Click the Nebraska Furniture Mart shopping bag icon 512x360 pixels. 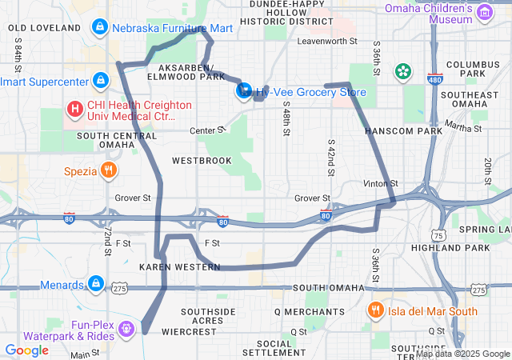point(99,28)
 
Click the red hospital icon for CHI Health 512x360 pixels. point(74,107)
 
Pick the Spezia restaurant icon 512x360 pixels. point(108,170)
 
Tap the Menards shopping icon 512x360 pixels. point(95,283)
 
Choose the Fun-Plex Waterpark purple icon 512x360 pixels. point(126,327)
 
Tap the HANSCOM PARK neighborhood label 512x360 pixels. point(403,130)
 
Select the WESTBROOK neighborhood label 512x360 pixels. point(202,161)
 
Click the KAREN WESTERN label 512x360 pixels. point(179,266)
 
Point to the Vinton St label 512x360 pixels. point(379,184)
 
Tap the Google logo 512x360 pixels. point(26,350)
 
